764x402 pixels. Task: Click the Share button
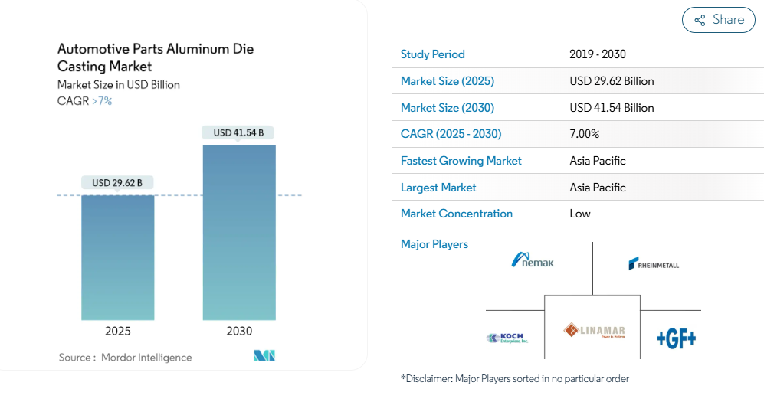click(719, 20)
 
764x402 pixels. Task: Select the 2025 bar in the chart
click(118, 257)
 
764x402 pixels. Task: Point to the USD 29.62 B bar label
click(118, 183)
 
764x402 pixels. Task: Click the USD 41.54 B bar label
click(238, 132)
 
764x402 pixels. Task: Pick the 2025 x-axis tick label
click(118, 332)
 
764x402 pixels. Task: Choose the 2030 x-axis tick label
click(239, 332)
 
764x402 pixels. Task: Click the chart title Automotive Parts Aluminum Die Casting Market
click(156, 57)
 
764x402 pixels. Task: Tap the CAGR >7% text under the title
click(84, 101)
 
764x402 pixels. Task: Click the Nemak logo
click(533, 260)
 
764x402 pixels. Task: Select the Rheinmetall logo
click(654, 264)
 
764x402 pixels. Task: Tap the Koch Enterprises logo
click(507, 338)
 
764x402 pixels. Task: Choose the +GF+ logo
click(676, 338)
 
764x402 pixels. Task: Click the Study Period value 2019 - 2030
click(598, 54)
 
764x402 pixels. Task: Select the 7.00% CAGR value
click(585, 134)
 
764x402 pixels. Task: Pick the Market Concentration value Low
click(580, 214)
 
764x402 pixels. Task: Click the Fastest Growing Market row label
click(461, 161)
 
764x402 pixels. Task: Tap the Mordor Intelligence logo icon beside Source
click(264, 356)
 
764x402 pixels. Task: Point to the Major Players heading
click(434, 244)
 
